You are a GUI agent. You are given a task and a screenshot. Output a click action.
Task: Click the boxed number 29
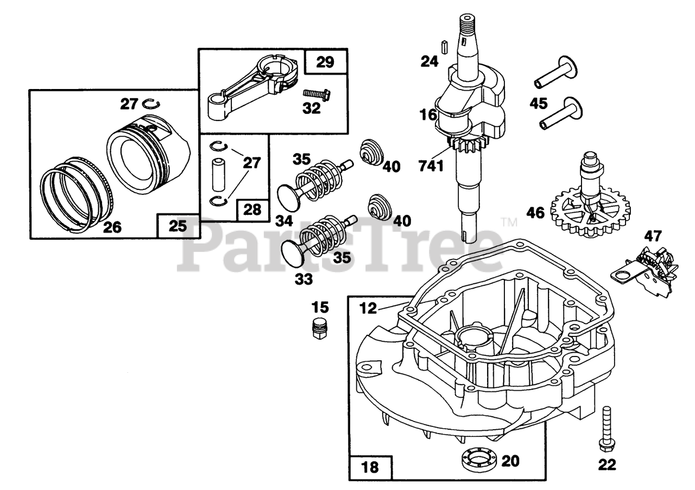(325, 62)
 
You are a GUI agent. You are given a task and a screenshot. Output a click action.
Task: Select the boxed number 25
(177, 226)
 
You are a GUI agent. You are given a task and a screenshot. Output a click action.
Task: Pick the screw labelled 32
(316, 95)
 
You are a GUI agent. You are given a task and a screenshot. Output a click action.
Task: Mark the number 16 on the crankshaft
(428, 114)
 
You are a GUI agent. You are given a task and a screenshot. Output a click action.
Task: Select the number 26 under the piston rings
(112, 227)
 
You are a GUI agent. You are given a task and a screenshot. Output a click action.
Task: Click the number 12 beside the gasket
(368, 308)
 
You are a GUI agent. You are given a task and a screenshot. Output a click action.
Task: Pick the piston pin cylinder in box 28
(222, 172)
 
